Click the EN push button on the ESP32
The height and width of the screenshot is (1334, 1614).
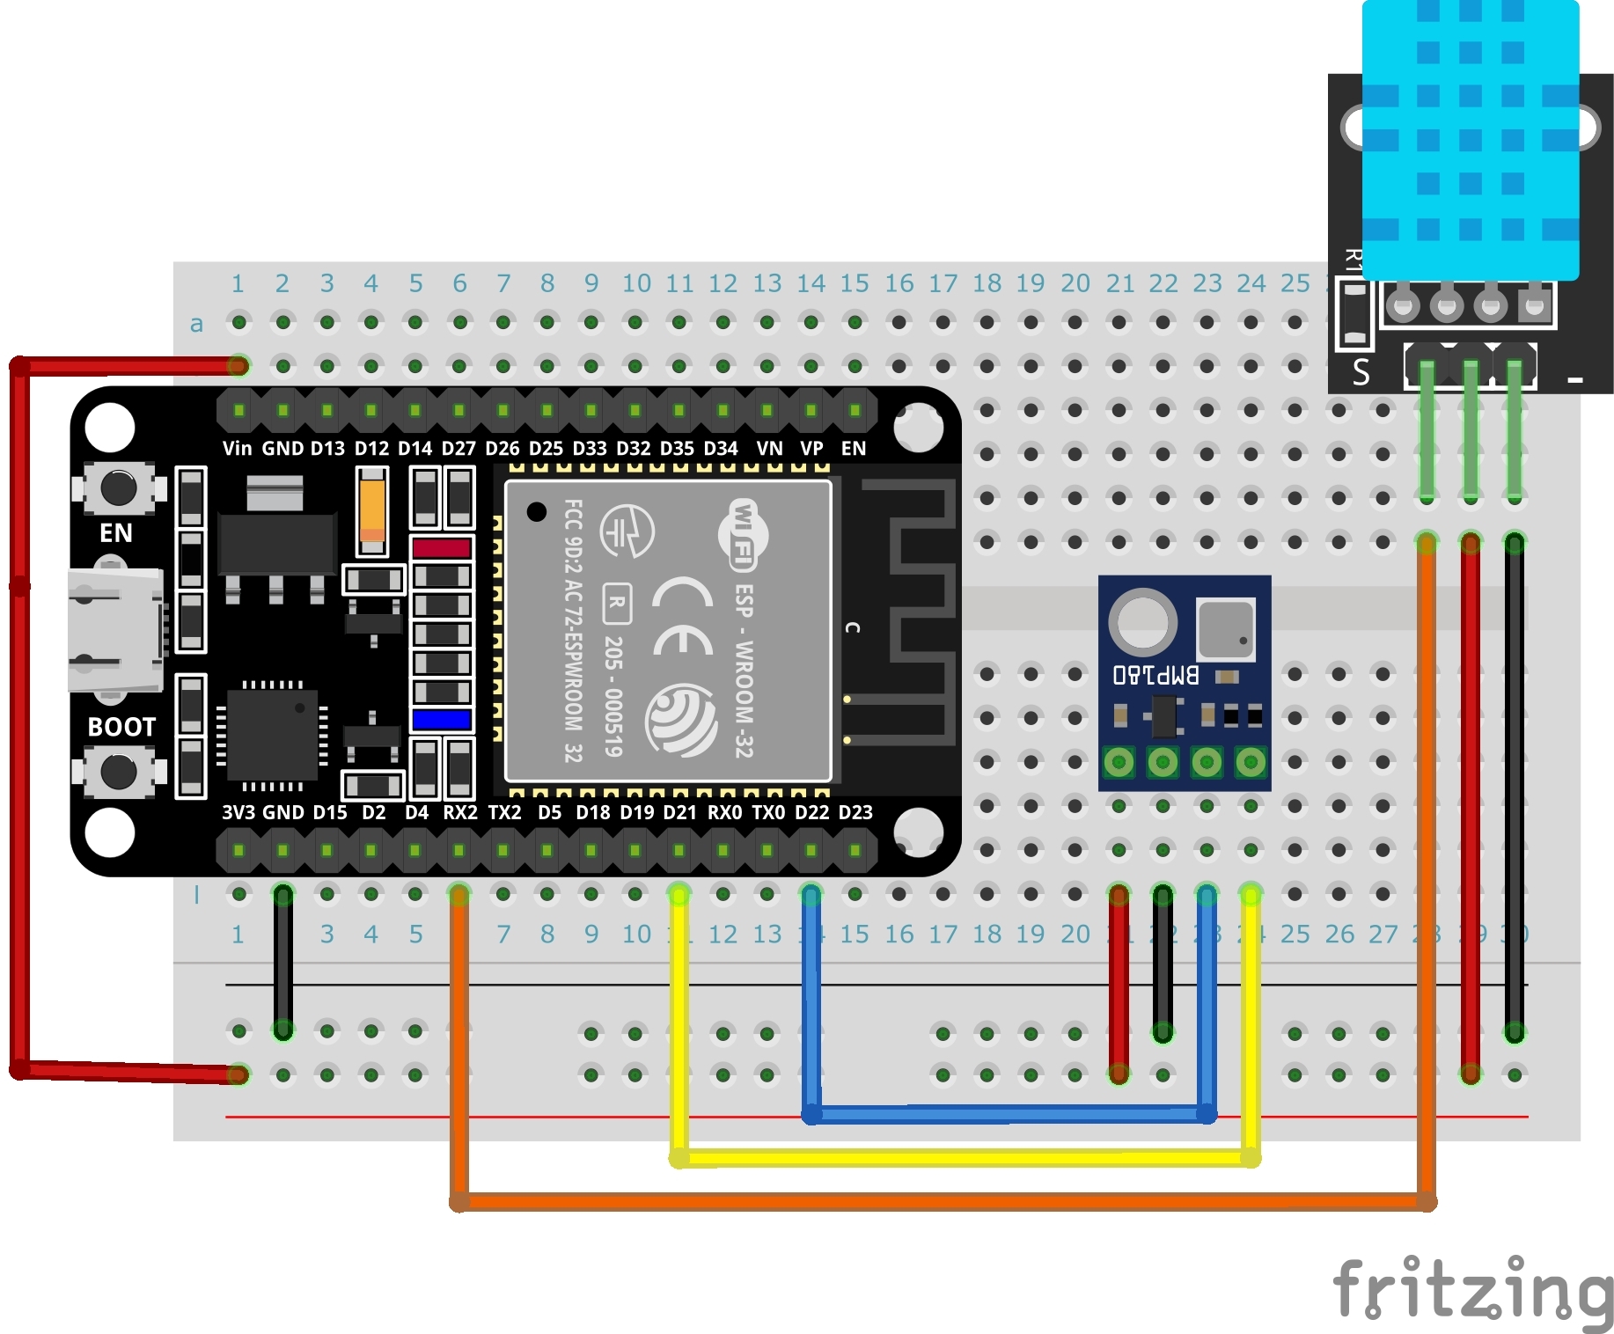click(x=119, y=487)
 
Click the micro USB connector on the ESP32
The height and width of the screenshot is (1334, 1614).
click(x=114, y=630)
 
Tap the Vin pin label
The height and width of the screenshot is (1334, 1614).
click(x=237, y=449)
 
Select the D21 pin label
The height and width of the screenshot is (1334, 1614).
click(x=679, y=812)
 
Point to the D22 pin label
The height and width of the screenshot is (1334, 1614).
click(x=811, y=812)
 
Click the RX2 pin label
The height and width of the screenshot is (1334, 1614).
click(x=459, y=812)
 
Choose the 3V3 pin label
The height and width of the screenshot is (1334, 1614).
click(x=238, y=812)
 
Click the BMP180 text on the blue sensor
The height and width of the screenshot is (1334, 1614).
click(x=1155, y=675)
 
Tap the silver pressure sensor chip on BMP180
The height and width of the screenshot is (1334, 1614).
click(x=1225, y=628)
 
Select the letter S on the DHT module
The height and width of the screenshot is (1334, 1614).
click(x=1361, y=372)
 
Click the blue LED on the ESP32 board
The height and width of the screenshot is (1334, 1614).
click(x=442, y=720)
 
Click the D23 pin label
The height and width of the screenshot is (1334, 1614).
click(x=855, y=812)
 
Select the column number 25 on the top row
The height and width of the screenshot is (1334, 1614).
click(x=1295, y=283)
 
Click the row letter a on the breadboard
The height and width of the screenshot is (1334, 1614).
click(x=197, y=324)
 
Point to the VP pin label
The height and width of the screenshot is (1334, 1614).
click(x=811, y=449)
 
